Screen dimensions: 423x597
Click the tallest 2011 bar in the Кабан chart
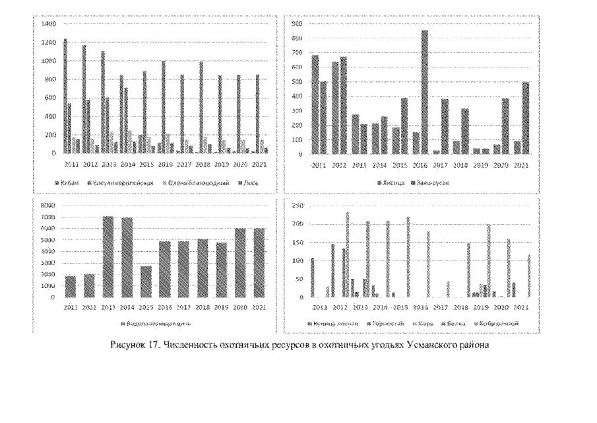(x=65, y=96)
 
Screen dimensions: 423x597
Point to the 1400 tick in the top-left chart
(x=49, y=24)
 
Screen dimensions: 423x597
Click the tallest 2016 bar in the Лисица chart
(x=425, y=92)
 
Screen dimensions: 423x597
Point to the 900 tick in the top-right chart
(x=297, y=24)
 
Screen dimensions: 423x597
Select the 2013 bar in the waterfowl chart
(x=108, y=256)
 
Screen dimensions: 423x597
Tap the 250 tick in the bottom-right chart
(x=297, y=207)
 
